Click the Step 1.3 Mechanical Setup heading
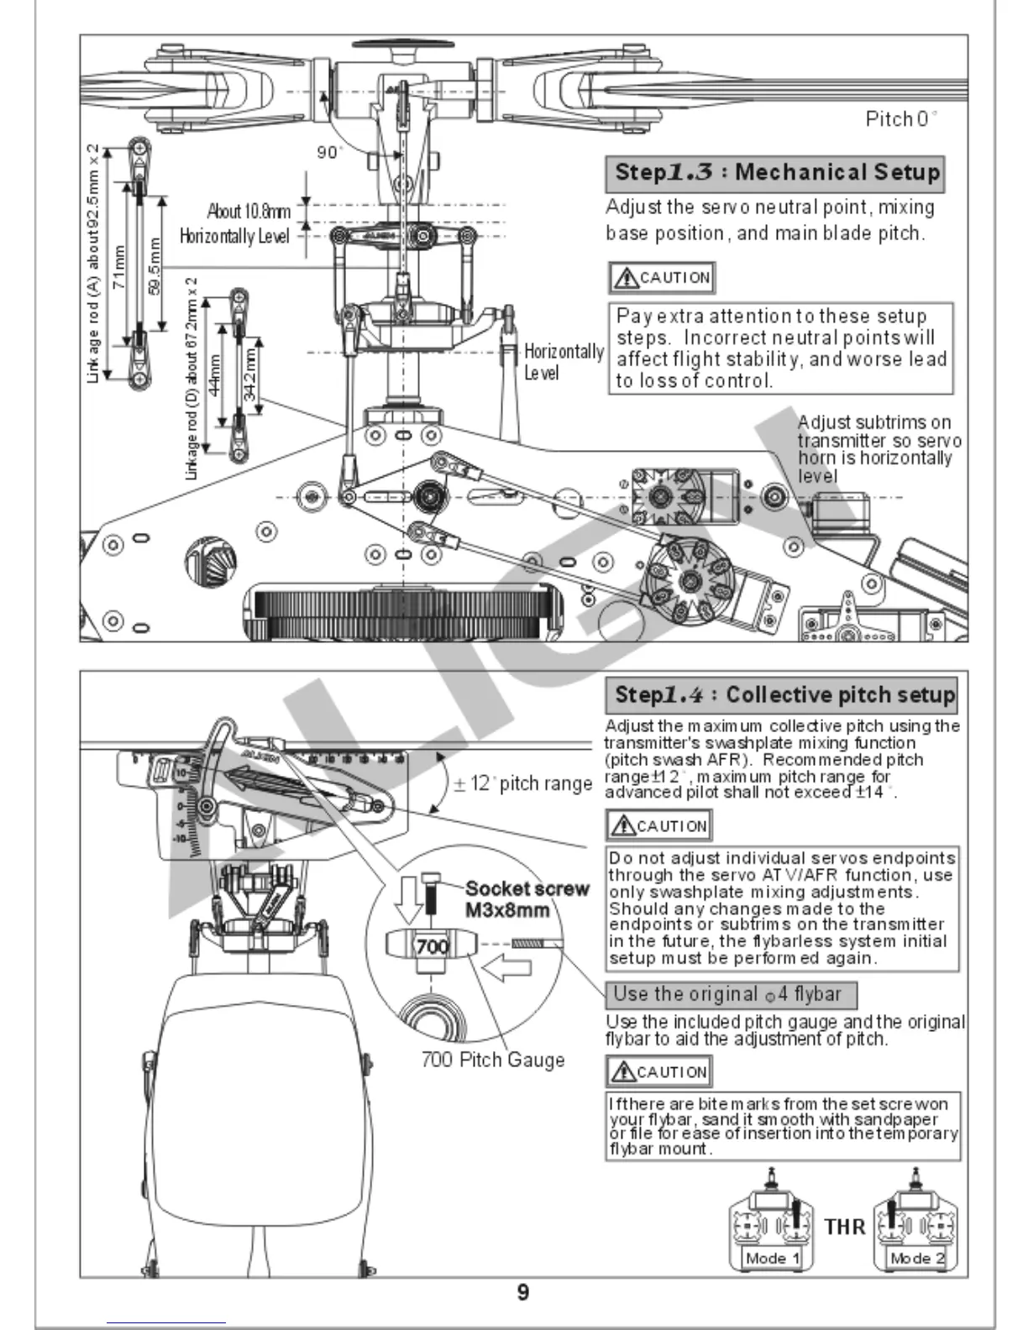[774, 173]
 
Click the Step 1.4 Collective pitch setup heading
[781, 694]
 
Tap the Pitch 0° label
[901, 118]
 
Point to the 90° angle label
[329, 152]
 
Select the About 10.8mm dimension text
[249, 211]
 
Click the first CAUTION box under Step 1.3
[662, 278]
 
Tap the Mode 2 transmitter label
[916, 1258]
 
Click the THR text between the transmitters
[844, 1227]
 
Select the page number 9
[522, 1292]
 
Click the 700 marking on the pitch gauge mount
[432, 946]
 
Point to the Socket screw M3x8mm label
[527, 899]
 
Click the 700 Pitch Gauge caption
[492, 1060]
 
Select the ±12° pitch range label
[522, 783]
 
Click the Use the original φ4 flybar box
[731, 995]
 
